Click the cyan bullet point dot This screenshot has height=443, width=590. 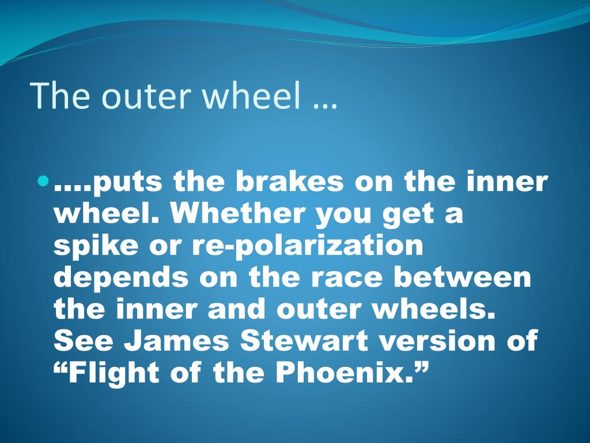pos(44,182)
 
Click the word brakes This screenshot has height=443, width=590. pos(290,181)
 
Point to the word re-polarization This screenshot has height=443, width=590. pos(308,245)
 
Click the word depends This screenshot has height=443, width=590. pos(121,277)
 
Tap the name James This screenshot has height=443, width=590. pos(176,340)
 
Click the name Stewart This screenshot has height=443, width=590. pos(304,340)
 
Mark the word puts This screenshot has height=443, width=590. pos(127,182)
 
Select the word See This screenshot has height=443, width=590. pos(84,340)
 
